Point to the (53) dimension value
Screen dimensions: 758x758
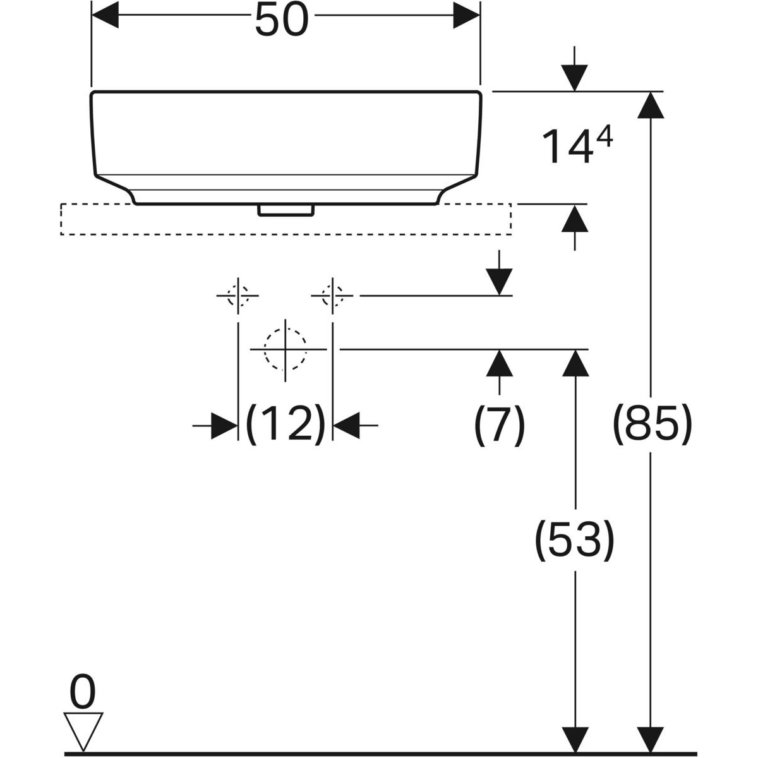click(574, 540)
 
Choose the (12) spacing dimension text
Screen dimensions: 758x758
click(285, 424)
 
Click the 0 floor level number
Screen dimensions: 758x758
click(83, 692)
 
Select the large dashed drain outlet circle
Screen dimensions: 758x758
click(286, 349)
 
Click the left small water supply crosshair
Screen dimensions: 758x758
click(238, 295)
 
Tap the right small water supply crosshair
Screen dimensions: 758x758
click(332, 295)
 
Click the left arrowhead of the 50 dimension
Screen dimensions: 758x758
click(105, 15)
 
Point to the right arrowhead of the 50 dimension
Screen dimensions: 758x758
click(467, 15)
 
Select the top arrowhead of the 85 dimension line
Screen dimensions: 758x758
click(651, 105)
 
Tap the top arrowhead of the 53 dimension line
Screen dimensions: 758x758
click(574, 363)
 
